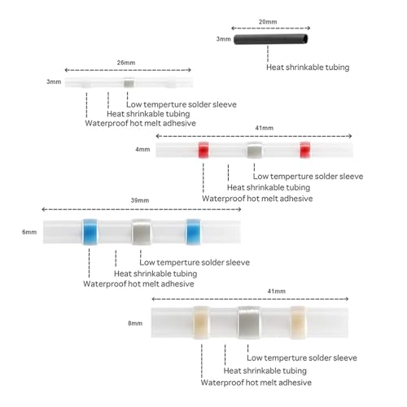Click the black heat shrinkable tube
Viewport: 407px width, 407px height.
(271, 39)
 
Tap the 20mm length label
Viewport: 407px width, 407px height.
(268, 22)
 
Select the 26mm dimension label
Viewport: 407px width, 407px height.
(126, 63)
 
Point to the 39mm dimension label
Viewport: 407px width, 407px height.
(140, 200)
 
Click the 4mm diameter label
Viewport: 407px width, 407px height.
(142, 149)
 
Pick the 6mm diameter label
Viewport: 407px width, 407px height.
(29, 232)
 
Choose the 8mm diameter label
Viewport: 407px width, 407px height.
(135, 323)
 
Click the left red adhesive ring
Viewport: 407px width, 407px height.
(203, 150)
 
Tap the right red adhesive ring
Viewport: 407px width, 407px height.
(305, 150)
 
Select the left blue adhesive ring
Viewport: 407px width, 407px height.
(90, 232)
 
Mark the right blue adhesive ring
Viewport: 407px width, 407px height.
(193, 232)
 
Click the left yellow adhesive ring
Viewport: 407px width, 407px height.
(202, 322)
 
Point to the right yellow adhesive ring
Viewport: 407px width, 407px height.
(298, 322)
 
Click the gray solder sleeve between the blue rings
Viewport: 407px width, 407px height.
(142, 232)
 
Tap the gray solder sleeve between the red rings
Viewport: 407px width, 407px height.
(255, 150)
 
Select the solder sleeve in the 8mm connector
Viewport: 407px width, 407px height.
(249, 322)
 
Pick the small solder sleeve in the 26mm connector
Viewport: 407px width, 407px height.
(129, 83)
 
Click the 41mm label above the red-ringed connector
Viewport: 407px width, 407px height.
(265, 128)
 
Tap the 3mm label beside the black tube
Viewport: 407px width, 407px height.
(224, 39)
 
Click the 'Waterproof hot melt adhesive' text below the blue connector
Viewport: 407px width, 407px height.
(138, 284)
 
